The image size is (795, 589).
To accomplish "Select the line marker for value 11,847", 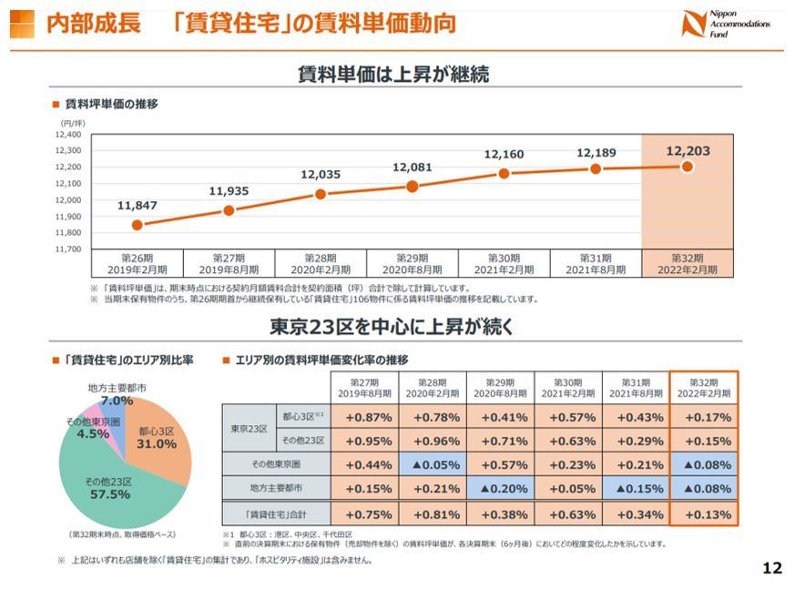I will (x=137, y=225).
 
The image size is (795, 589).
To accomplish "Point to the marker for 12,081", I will (x=413, y=187).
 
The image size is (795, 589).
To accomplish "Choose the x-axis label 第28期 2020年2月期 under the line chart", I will (x=321, y=264).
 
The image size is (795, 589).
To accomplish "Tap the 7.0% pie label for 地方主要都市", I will (x=117, y=401).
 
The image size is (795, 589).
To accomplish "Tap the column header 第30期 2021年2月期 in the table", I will (x=566, y=388).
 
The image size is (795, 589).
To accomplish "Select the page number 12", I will (x=771, y=569).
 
